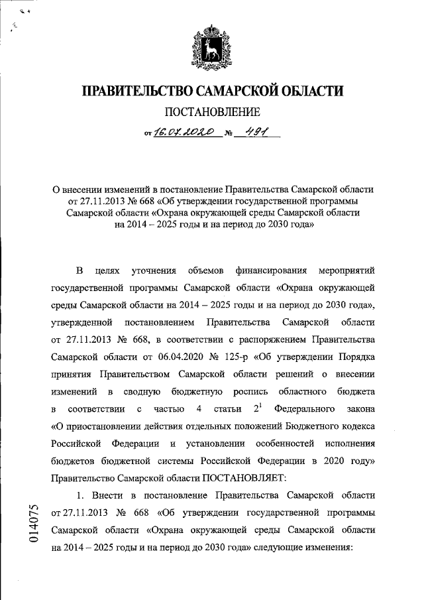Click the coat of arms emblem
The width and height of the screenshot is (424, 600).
212,48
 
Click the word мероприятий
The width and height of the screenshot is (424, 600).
346,271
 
